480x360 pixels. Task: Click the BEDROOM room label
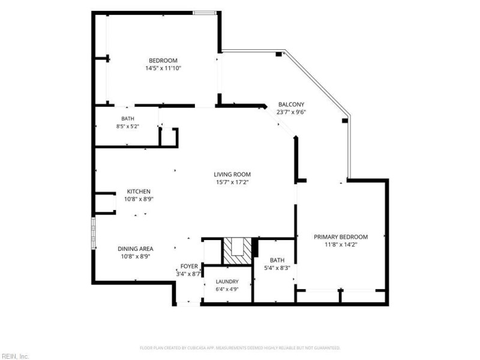tap(163, 61)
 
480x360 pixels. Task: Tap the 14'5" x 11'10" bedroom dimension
tap(163, 68)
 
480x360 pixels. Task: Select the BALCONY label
tap(291, 104)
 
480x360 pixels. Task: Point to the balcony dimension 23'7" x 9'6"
tap(291, 112)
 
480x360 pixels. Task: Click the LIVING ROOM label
tap(232, 175)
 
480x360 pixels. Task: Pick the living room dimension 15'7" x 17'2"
tap(232, 182)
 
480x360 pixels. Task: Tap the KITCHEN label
tap(139, 191)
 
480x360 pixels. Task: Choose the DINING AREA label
tap(136, 249)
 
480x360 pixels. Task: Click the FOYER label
tap(189, 266)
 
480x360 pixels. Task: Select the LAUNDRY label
tap(227, 281)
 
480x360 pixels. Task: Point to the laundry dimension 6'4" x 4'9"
tap(227, 289)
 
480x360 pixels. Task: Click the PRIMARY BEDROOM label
tap(341, 237)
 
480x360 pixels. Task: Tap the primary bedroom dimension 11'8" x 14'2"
tap(341, 245)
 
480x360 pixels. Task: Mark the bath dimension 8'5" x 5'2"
tap(128, 126)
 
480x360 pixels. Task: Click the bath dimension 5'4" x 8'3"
tap(277, 268)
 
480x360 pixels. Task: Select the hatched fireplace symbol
tap(237, 251)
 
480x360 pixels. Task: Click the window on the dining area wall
tap(94, 233)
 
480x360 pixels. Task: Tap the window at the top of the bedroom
tap(204, 13)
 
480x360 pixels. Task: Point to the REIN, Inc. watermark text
tap(14, 356)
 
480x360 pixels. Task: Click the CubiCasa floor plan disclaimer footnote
tap(239, 348)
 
